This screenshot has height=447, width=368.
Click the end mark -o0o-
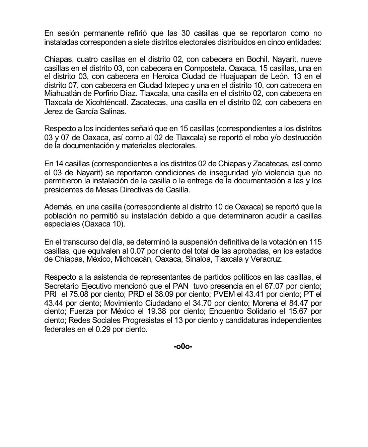click(183, 346)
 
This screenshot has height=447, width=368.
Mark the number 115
click(316, 242)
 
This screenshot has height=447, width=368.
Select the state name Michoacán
click(134, 259)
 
